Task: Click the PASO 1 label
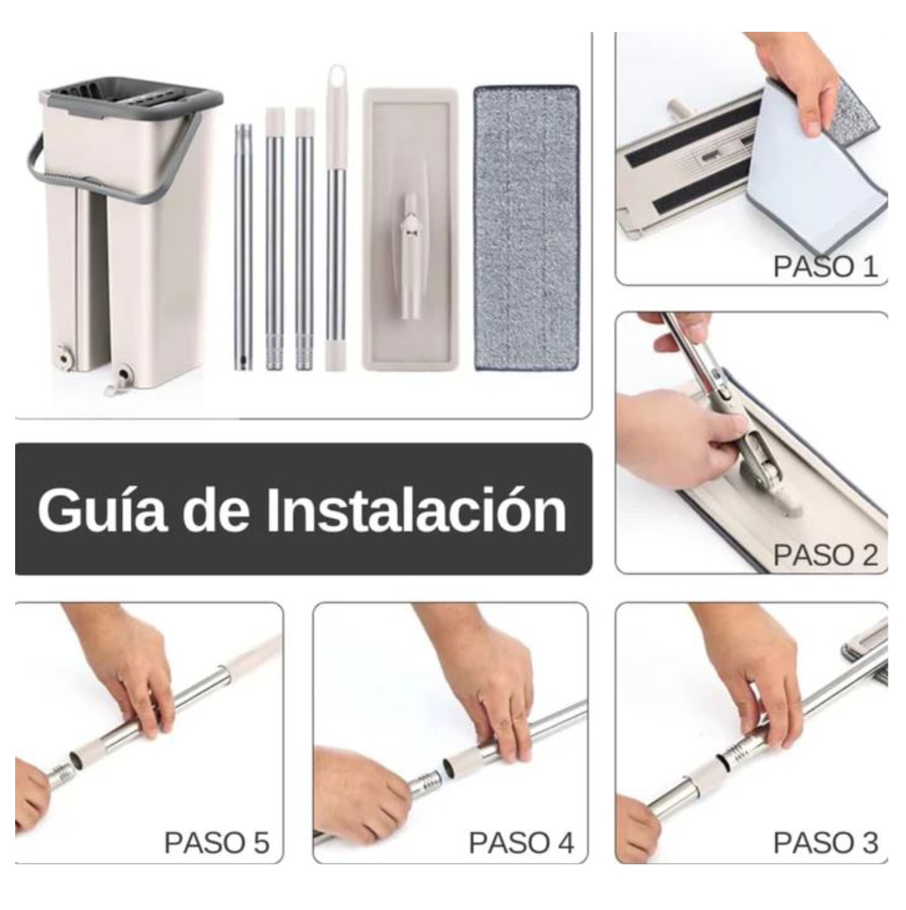[x=825, y=266]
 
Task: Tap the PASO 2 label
[x=825, y=555]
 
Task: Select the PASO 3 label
[x=825, y=842]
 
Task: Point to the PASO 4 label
[x=521, y=842]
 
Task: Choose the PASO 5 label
[x=217, y=842]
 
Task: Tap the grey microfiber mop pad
[x=526, y=227]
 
